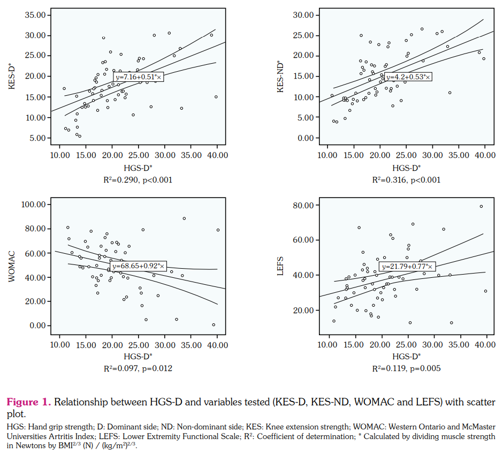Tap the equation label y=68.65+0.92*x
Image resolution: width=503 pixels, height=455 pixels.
pyautogui.click(x=139, y=266)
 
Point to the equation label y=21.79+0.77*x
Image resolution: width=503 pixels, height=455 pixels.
pyautogui.click(x=407, y=266)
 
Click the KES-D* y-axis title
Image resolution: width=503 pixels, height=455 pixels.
pyautogui.click(x=11, y=76)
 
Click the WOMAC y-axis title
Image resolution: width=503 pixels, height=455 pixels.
pyautogui.click(x=11, y=264)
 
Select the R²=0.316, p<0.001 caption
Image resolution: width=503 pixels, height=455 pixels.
pyautogui.click(x=407, y=180)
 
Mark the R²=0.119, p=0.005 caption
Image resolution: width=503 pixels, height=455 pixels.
pyautogui.click(x=407, y=368)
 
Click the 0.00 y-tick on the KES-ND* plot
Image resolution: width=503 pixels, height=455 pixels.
pyautogui.click(x=306, y=138)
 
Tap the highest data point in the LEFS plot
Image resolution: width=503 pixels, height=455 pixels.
pyautogui.click(x=481, y=207)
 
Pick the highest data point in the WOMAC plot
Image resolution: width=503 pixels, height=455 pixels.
pyautogui.click(x=184, y=218)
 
